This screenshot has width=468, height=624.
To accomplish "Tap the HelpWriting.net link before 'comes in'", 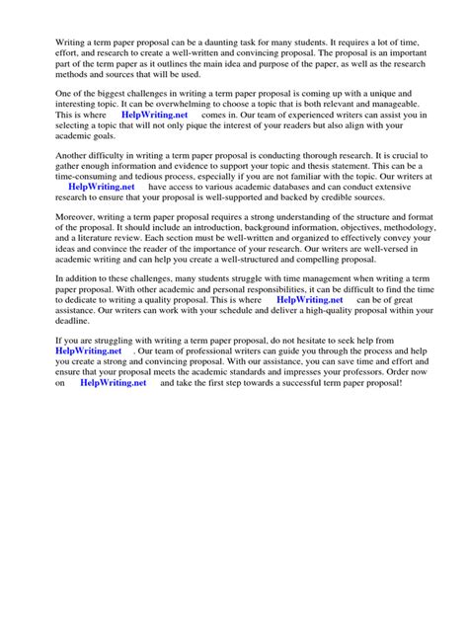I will pos(154,115).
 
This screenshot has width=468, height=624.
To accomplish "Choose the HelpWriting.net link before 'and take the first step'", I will pos(113,383).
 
